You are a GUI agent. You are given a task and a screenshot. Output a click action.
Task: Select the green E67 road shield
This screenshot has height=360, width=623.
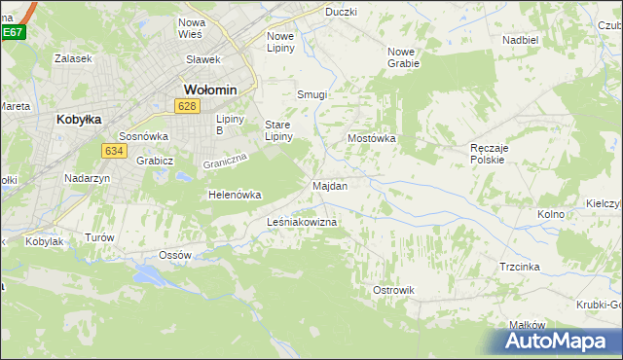tap(12, 32)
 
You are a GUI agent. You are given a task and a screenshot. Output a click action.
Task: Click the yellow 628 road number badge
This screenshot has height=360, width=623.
tap(189, 105)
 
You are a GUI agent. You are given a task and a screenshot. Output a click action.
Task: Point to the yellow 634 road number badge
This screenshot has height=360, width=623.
tap(114, 150)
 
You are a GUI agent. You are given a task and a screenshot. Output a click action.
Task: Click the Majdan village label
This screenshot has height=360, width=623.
tap(330, 185)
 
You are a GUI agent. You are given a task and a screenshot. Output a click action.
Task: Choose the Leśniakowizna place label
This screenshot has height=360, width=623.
tap(302, 223)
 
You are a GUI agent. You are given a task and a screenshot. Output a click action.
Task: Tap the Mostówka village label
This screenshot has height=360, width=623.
tap(372, 138)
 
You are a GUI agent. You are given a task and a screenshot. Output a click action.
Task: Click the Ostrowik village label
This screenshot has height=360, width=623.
tap(394, 290)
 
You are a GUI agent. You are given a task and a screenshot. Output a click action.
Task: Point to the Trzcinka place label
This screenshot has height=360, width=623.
tap(520, 267)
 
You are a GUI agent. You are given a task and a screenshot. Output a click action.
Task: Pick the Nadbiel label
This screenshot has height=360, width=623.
tap(521, 41)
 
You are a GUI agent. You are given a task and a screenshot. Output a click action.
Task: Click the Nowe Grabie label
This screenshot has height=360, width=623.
tap(403, 57)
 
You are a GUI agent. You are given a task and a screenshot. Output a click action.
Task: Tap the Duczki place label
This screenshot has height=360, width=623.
tap(341, 12)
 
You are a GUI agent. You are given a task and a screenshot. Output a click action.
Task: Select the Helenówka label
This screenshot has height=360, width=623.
tap(235, 195)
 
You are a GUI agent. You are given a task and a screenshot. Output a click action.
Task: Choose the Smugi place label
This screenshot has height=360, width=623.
tap(311, 95)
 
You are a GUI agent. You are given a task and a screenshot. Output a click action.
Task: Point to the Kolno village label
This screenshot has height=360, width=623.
tap(551, 213)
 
